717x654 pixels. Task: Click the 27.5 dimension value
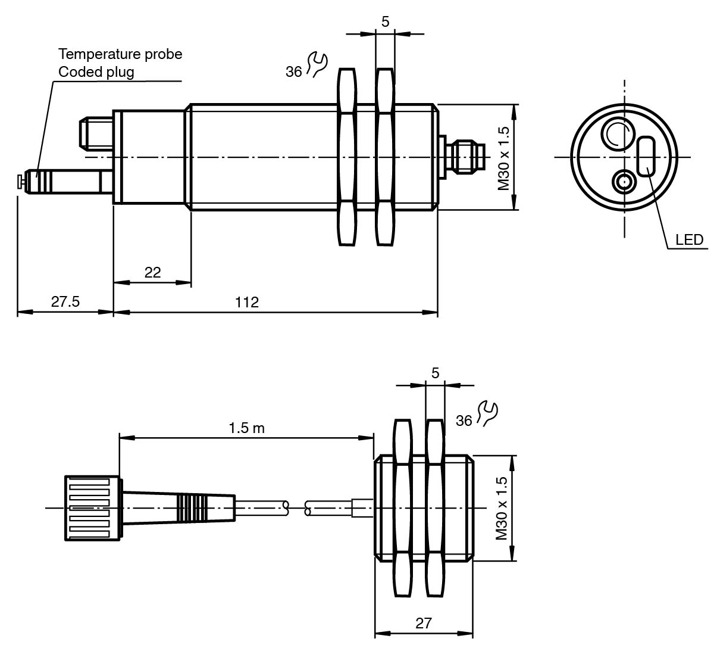(x=65, y=301)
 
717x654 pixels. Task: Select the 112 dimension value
(x=247, y=302)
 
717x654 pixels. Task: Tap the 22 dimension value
(x=152, y=272)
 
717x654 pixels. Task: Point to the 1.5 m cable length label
(x=246, y=428)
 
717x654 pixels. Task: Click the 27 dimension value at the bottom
(x=423, y=624)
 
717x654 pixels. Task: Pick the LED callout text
(x=689, y=240)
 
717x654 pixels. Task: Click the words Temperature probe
(x=120, y=54)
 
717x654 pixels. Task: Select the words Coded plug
(x=96, y=72)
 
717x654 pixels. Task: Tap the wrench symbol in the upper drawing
(x=317, y=64)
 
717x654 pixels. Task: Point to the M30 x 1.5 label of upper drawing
(x=505, y=158)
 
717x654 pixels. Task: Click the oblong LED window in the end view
(x=646, y=156)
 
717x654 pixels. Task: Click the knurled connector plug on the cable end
(x=93, y=508)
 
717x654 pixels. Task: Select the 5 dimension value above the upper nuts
(x=385, y=22)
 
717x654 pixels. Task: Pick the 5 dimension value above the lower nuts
(x=435, y=373)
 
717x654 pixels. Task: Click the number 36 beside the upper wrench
(x=294, y=72)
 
